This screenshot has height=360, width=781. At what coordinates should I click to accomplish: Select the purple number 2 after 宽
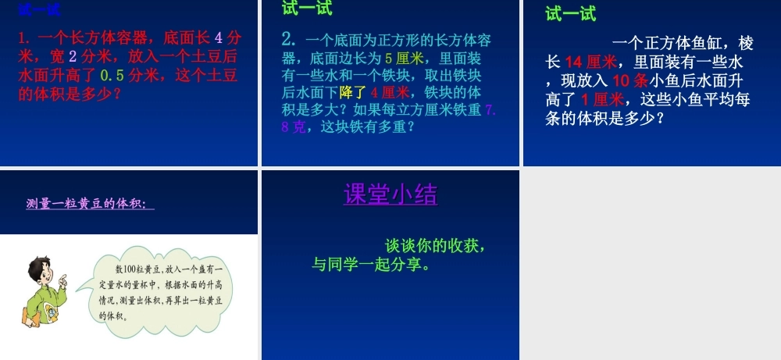(73, 57)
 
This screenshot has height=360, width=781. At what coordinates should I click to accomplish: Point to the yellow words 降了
(352, 92)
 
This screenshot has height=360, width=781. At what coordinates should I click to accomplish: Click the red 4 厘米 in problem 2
(390, 92)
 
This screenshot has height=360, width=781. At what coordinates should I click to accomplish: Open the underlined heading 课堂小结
(390, 194)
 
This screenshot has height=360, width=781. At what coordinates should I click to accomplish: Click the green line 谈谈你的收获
(435, 245)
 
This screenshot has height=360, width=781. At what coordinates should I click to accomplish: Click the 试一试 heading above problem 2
(307, 9)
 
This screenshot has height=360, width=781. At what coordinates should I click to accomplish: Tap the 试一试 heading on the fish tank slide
(570, 14)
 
